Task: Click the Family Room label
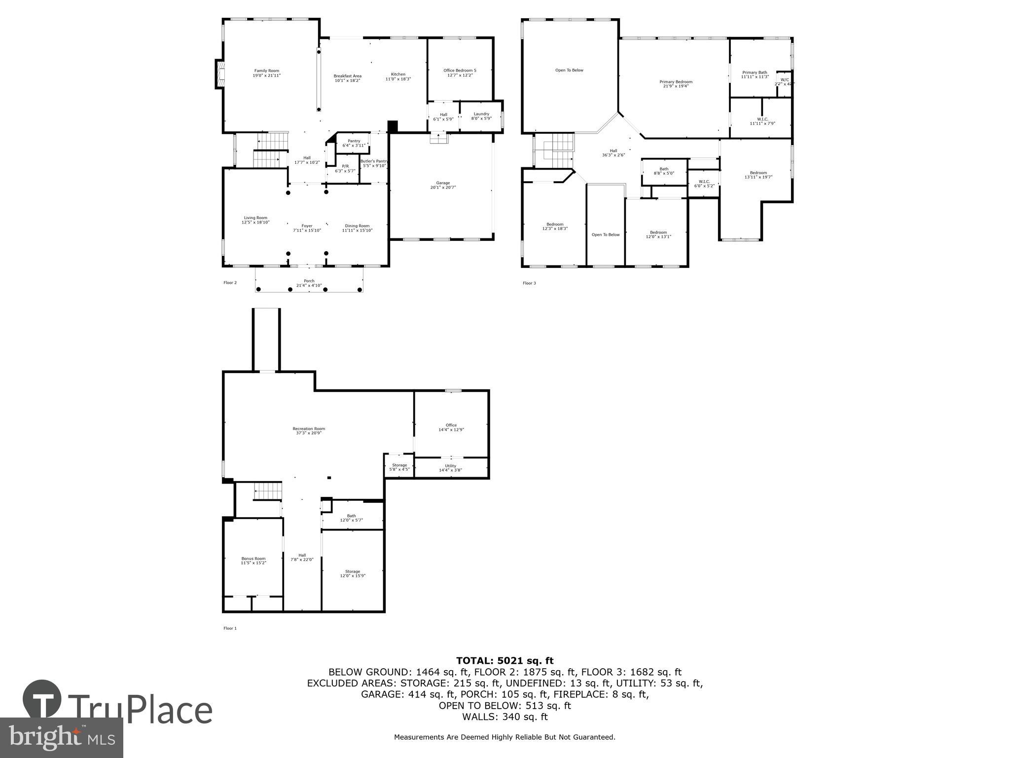tap(266, 71)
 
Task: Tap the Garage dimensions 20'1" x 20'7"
tap(443, 188)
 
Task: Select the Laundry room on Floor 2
tap(481, 116)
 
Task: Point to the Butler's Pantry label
tap(374, 161)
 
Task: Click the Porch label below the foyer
tap(309, 281)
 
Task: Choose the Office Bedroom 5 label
tap(460, 71)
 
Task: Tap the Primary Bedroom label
tap(676, 82)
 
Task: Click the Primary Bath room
tap(755, 74)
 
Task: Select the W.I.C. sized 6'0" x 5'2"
tap(704, 184)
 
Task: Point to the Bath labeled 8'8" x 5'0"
tap(664, 171)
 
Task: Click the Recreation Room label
tap(309, 429)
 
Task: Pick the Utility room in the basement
tap(450, 468)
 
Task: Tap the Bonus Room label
tap(253, 559)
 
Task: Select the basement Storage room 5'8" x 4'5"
tap(399, 467)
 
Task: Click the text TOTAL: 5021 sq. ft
tap(505, 661)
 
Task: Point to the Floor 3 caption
tap(529, 283)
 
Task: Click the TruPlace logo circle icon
tap(42, 699)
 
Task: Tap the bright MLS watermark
tap(62, 738)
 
